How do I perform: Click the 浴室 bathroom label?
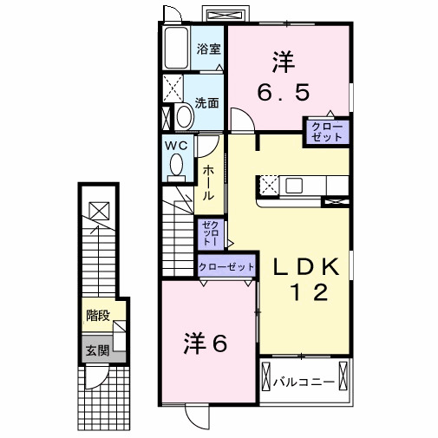pos(206,49)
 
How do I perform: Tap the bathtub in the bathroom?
pos(177,49)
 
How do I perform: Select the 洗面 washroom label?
pos(206,102)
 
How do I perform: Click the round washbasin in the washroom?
pos(184,118)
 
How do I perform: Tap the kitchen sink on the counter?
pos(293,185)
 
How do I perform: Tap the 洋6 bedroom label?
pos(206,343)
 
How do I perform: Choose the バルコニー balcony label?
pos(304,381)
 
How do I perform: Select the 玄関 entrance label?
pos(97,351)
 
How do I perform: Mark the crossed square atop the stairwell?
pos(99,210)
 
